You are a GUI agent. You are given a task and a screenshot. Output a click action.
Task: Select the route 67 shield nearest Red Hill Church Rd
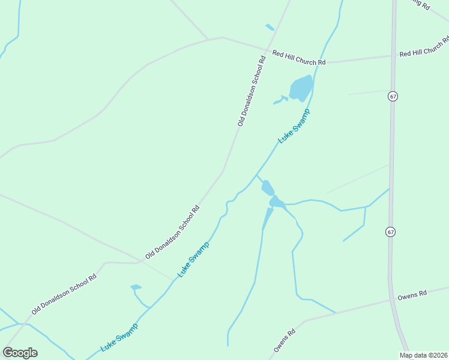coord(393,96)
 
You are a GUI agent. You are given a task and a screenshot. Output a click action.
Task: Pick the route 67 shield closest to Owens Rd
coord(390,232)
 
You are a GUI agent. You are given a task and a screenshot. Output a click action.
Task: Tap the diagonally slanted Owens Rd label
coord(285,340)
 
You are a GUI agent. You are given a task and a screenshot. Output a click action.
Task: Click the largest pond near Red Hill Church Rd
coord(301,88)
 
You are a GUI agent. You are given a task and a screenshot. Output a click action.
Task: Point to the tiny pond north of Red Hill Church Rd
coord(270,27)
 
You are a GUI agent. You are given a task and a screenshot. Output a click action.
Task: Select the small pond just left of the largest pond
coord(280,100)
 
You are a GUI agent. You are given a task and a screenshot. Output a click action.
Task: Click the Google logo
coord(20,353)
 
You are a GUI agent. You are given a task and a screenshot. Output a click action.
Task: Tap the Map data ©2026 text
coord(423,355)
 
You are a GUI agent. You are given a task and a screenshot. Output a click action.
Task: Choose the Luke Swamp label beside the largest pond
coord(294,126)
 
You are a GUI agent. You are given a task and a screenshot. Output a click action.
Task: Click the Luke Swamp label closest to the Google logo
coord(119,337)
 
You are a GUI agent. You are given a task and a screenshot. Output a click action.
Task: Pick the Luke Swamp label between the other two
coord(194,259)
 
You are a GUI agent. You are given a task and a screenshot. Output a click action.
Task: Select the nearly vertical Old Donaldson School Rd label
coord(251,91)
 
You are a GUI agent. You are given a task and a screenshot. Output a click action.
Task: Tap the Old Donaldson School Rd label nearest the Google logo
coord(64,295)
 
